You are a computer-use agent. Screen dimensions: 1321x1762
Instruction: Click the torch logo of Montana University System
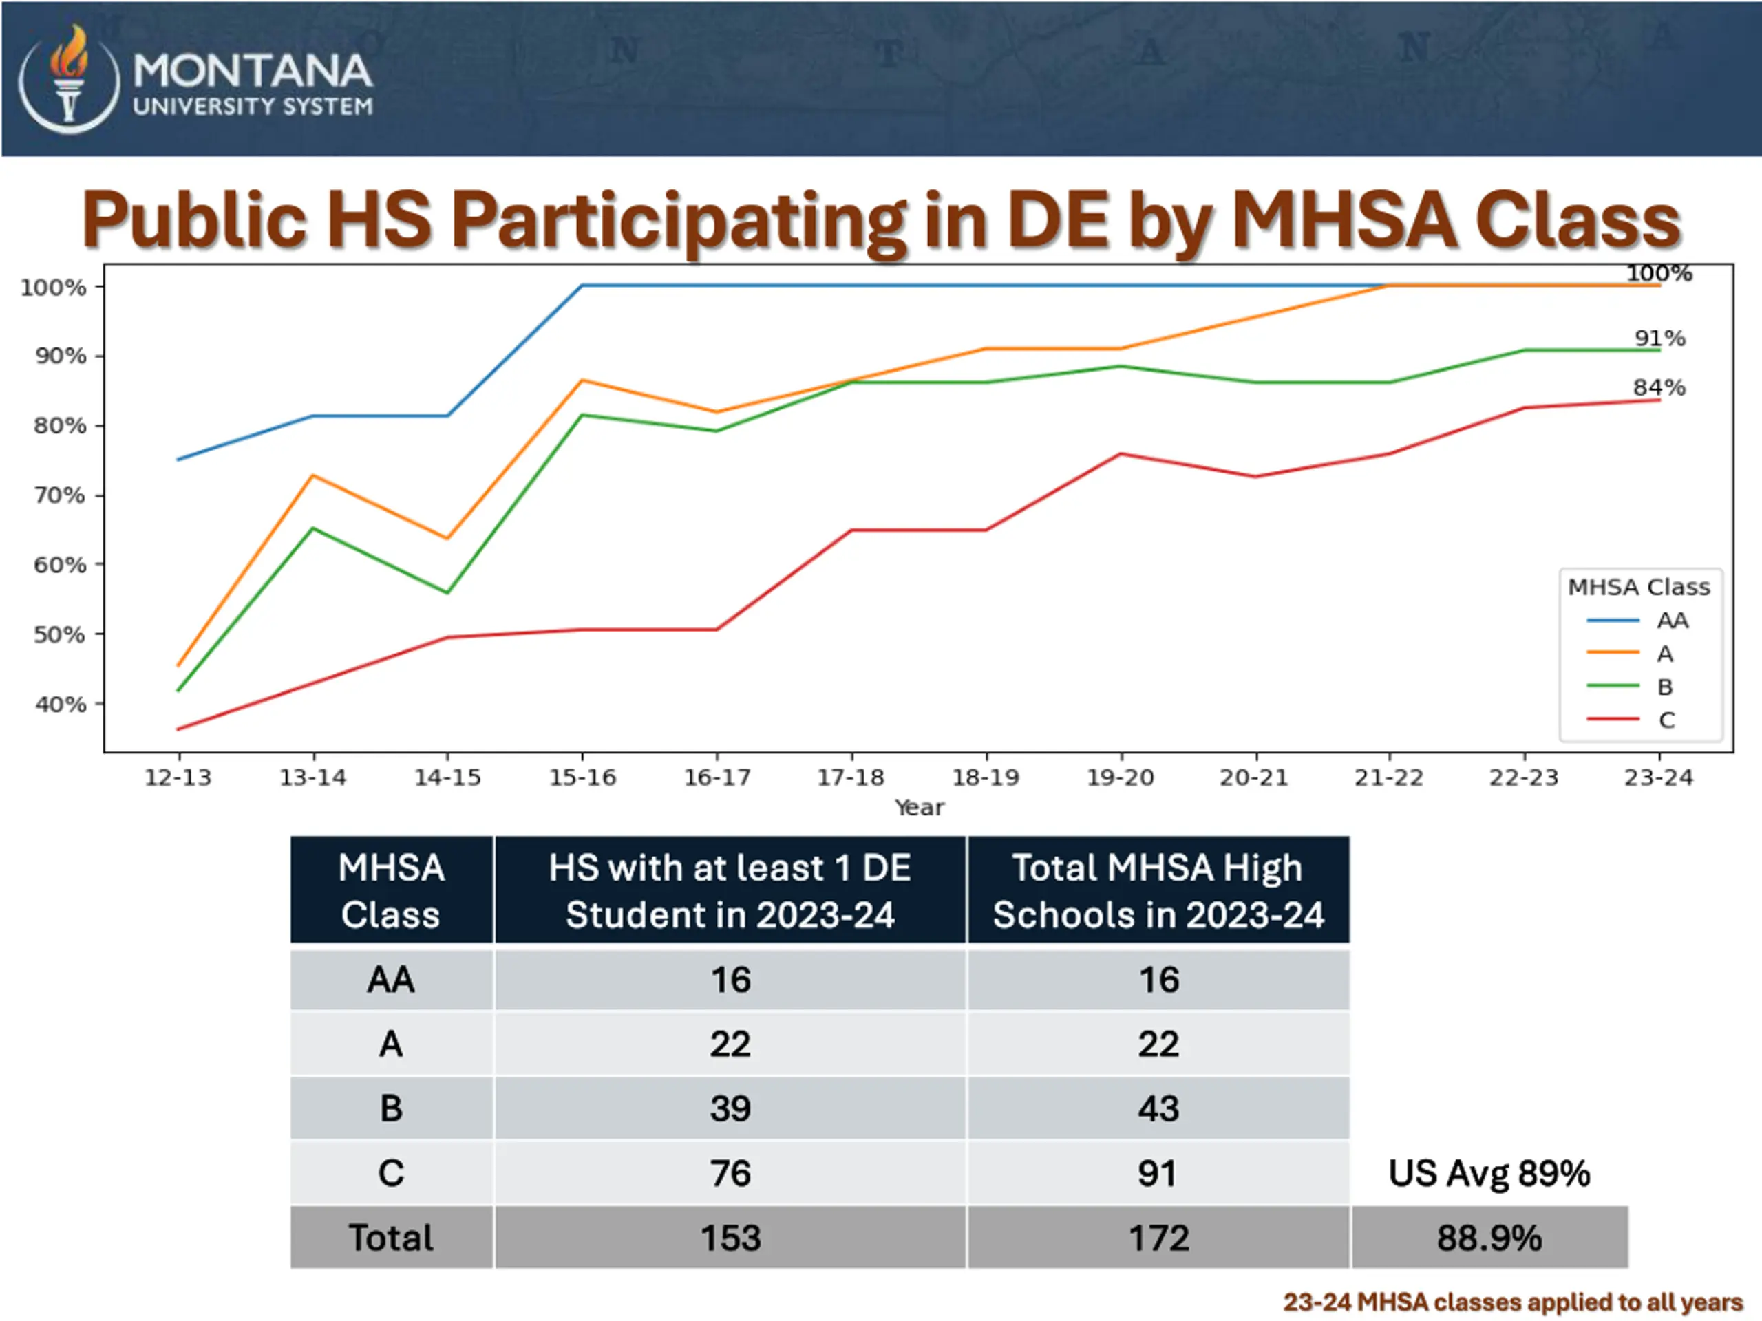[x=69, y=80]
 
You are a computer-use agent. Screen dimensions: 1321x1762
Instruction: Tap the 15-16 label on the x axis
[x=582, y=777]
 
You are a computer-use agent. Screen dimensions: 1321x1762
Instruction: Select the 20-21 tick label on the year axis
[x=1254, y=777]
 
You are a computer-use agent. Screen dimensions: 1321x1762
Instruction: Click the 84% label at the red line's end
[x=1659, y=388]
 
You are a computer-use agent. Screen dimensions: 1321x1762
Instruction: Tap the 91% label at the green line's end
[x=1659, y=339]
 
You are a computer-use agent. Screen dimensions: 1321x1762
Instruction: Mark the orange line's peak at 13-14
[x=313, y=476]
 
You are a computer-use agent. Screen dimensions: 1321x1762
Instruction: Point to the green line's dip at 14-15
[x=447, y=592]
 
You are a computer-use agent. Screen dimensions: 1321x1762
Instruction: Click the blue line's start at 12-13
[x=178, y=460]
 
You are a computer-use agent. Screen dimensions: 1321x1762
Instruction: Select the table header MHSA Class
[x=391, y=890]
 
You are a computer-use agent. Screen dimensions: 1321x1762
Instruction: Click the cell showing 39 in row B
[x=730, y=1108]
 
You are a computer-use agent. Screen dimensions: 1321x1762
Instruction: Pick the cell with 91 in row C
[x=1158, y=1173]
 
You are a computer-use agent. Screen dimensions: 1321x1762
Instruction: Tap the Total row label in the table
[x=391, y=1237]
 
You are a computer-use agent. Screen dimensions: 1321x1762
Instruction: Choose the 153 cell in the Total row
[x=730, y=1237]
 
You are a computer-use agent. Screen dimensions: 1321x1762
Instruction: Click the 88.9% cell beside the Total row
[x=1489, y=1237]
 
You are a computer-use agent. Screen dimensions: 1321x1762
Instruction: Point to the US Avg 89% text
[x=1489, y=1173]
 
